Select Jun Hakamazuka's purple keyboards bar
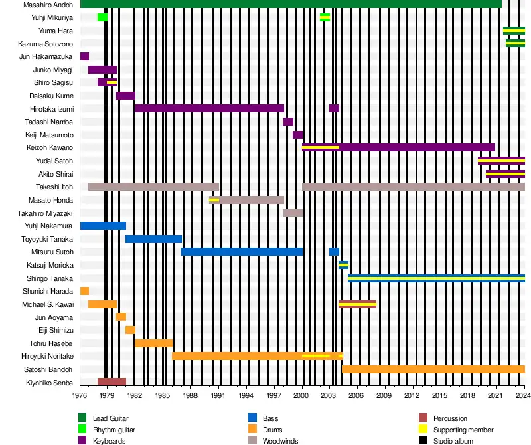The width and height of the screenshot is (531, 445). coord(84,56)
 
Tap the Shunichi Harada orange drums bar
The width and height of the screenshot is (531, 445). coord(84,291)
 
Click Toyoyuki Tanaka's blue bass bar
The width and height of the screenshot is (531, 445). coord(153,239)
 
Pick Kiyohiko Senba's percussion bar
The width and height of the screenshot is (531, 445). coord(112,382)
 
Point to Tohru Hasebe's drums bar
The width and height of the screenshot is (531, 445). coord(153,343)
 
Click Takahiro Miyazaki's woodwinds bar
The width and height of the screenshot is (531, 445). coord(293,213)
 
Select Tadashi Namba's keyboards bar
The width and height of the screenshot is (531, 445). coord(288,122)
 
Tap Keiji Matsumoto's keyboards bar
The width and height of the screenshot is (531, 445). coord(297,135)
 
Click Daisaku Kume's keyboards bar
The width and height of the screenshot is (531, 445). coord(125,96)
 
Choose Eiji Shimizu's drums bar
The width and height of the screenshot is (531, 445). coord(130,330)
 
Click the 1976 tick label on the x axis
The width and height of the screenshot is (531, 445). coord(80,396)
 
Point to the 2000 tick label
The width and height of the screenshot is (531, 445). coord(302,396)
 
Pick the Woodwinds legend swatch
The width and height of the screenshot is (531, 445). coord(253,441)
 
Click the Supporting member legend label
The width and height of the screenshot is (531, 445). coord(463,430)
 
